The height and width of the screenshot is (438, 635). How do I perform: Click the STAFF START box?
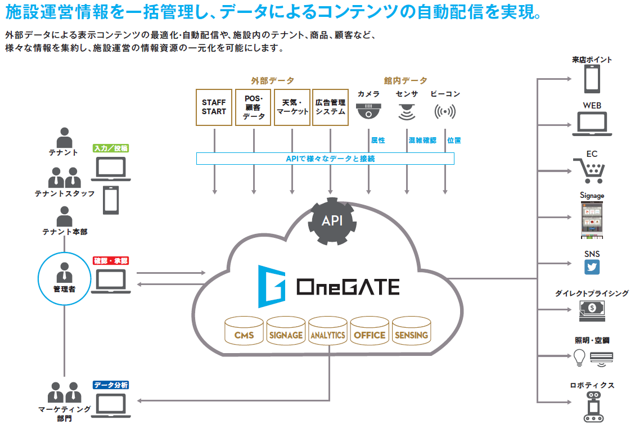point(214,107)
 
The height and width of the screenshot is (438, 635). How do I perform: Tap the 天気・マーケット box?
point(292,107)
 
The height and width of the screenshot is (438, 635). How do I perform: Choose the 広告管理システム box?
point(330,107)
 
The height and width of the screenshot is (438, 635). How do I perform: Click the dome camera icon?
point(369,111)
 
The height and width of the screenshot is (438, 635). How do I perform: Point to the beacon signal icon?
point(445,112)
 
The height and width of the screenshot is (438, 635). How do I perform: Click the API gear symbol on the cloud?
point(332,220)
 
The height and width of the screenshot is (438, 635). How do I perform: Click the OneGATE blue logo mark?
point(272,287)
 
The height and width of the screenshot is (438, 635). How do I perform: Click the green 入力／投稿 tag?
point(111,148)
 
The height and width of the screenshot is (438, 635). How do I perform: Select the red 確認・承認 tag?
point(111,261)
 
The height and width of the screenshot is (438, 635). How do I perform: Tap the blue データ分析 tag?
point(111,385)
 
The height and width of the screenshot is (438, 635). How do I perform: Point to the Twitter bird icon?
point(592,268)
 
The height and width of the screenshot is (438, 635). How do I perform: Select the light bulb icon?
point(579,356)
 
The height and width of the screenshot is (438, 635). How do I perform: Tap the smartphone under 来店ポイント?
point(591,79)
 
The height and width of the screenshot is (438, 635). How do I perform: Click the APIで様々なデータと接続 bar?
point(325,159)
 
